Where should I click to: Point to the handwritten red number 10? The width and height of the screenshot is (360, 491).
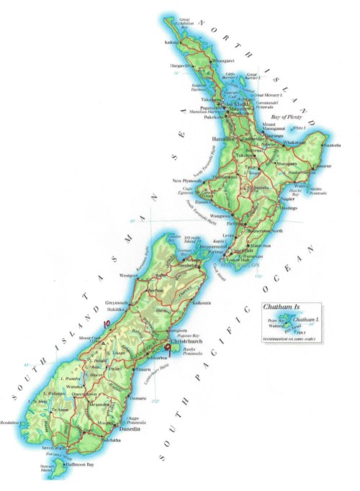[x=108, y=325]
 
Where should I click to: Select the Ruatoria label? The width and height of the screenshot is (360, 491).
[x=333, y=145]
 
